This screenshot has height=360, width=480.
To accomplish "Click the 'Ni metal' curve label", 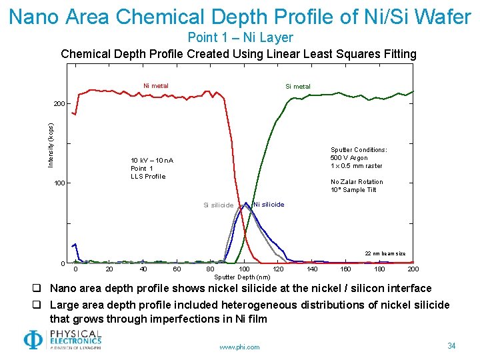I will [x=156, y=85].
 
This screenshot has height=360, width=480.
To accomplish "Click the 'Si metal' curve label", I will [x=297, y=86].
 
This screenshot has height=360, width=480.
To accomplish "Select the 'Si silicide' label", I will [x=218, y=205].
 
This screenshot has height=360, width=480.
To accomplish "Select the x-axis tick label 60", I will [x=177, y=269].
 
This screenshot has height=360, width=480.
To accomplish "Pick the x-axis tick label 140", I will [x=312, y=269].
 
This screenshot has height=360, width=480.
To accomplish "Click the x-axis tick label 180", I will [x=379, y=269].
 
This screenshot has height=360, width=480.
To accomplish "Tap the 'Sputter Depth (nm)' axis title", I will [x=243, y=277].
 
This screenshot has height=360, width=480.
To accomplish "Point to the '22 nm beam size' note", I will [x=385, y=253].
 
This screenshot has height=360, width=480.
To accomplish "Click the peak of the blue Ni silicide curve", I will [x=246, y=203].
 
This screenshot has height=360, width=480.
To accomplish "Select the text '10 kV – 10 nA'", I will [x=152, y=161].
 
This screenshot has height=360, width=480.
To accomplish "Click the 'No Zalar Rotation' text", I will [x=357, y=182].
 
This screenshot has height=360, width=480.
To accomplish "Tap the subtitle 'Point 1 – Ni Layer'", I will [x=240, y=37].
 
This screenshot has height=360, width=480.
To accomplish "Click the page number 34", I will [x=451, y=345].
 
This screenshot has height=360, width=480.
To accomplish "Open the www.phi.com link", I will [x=240, y=347].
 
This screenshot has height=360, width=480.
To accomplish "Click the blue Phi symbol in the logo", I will [x=33, y=340].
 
